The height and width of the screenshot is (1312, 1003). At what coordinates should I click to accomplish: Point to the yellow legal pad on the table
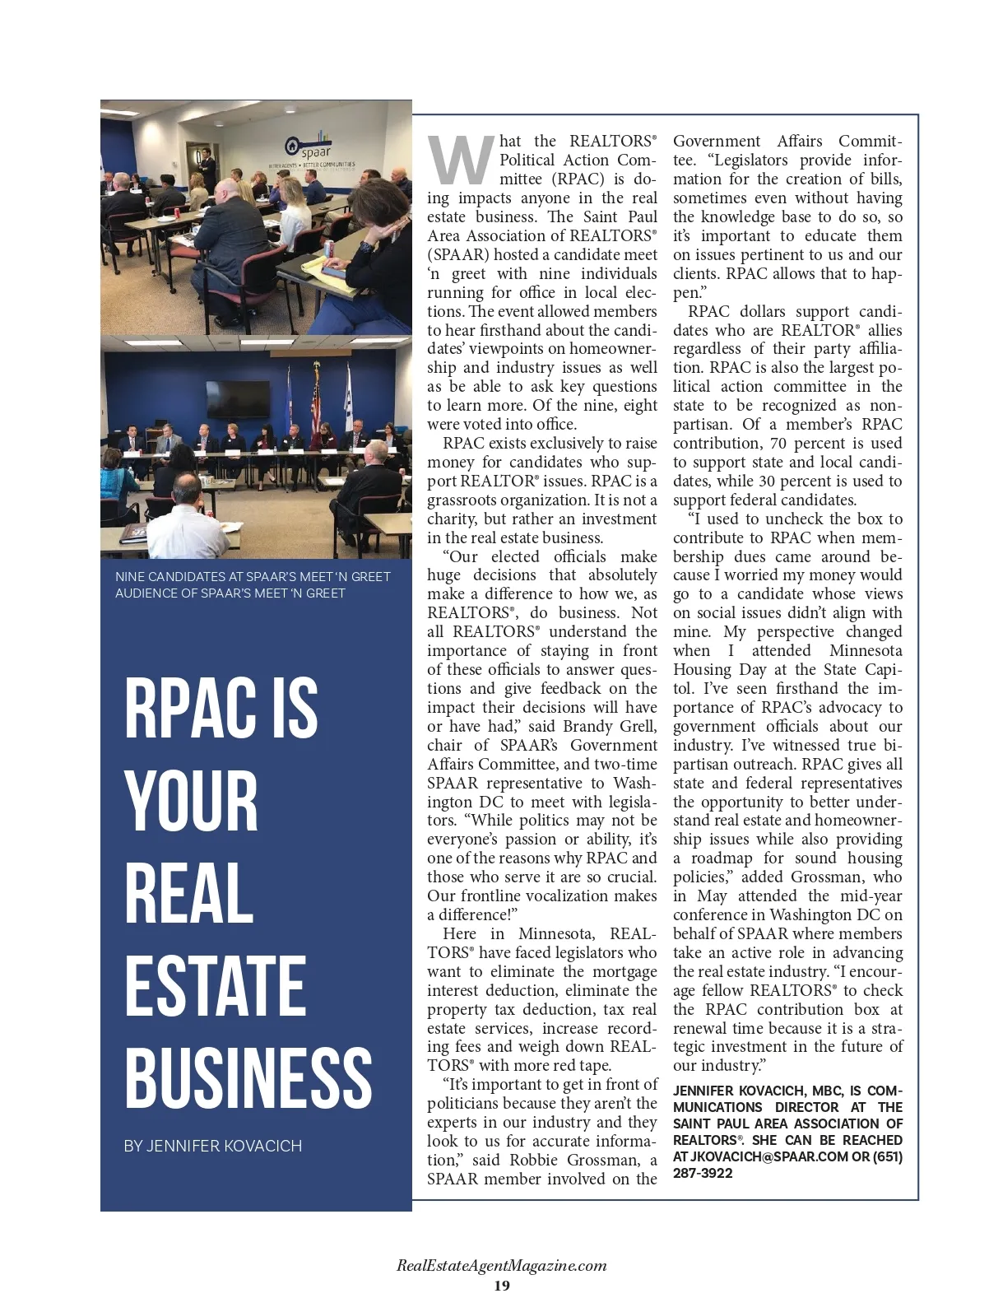tap(315, 263)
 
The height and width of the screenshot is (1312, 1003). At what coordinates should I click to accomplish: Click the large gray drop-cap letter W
tap(461, 161)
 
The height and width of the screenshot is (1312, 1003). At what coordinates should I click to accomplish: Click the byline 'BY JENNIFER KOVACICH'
tap(212, 1146)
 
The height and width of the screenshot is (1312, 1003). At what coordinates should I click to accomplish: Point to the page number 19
tap(501, 1286)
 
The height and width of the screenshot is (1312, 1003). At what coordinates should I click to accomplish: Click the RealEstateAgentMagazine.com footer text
tap(501, 1266)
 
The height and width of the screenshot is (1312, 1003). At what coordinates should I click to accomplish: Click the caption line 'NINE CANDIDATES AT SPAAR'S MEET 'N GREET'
tap(253, 576)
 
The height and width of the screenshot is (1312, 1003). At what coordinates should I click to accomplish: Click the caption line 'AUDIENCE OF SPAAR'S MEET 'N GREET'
tap(230, 593)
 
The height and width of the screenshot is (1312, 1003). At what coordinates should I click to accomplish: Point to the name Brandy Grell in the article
tap(610, 726)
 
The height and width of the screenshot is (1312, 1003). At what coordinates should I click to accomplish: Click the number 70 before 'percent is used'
tap(792, 443)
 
